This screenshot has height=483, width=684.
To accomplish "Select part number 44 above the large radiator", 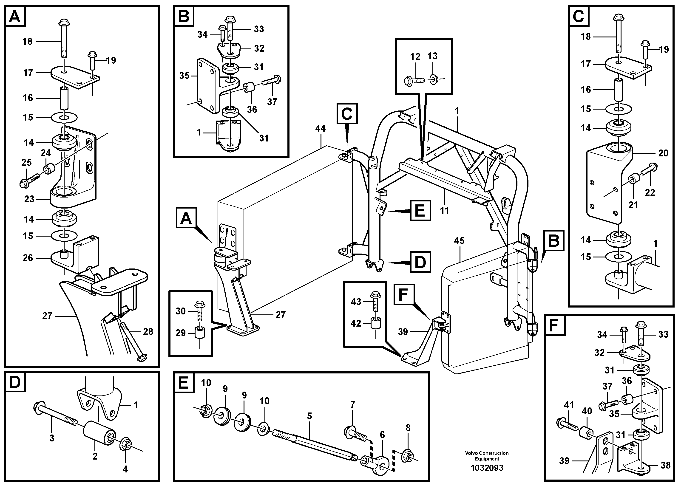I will [320, 129].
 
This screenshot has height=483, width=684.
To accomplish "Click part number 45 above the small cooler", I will [459, 241].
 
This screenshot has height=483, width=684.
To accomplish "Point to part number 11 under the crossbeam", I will [444, 211].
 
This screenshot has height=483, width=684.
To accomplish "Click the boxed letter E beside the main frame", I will [420, 211].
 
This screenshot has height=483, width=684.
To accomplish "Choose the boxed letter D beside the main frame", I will [420, 262].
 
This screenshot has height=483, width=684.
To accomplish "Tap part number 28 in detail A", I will [148, 331].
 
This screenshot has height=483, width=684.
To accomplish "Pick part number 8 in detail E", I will [408, 428].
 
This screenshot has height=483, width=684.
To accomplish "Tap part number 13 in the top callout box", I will [432, 56].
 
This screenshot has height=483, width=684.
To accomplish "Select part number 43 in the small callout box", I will [356, 302].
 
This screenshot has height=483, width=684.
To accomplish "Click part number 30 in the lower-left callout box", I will [181, 311].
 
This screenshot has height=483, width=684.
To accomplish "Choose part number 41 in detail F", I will [569, 405].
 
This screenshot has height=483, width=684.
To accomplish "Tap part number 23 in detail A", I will [29, 199].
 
